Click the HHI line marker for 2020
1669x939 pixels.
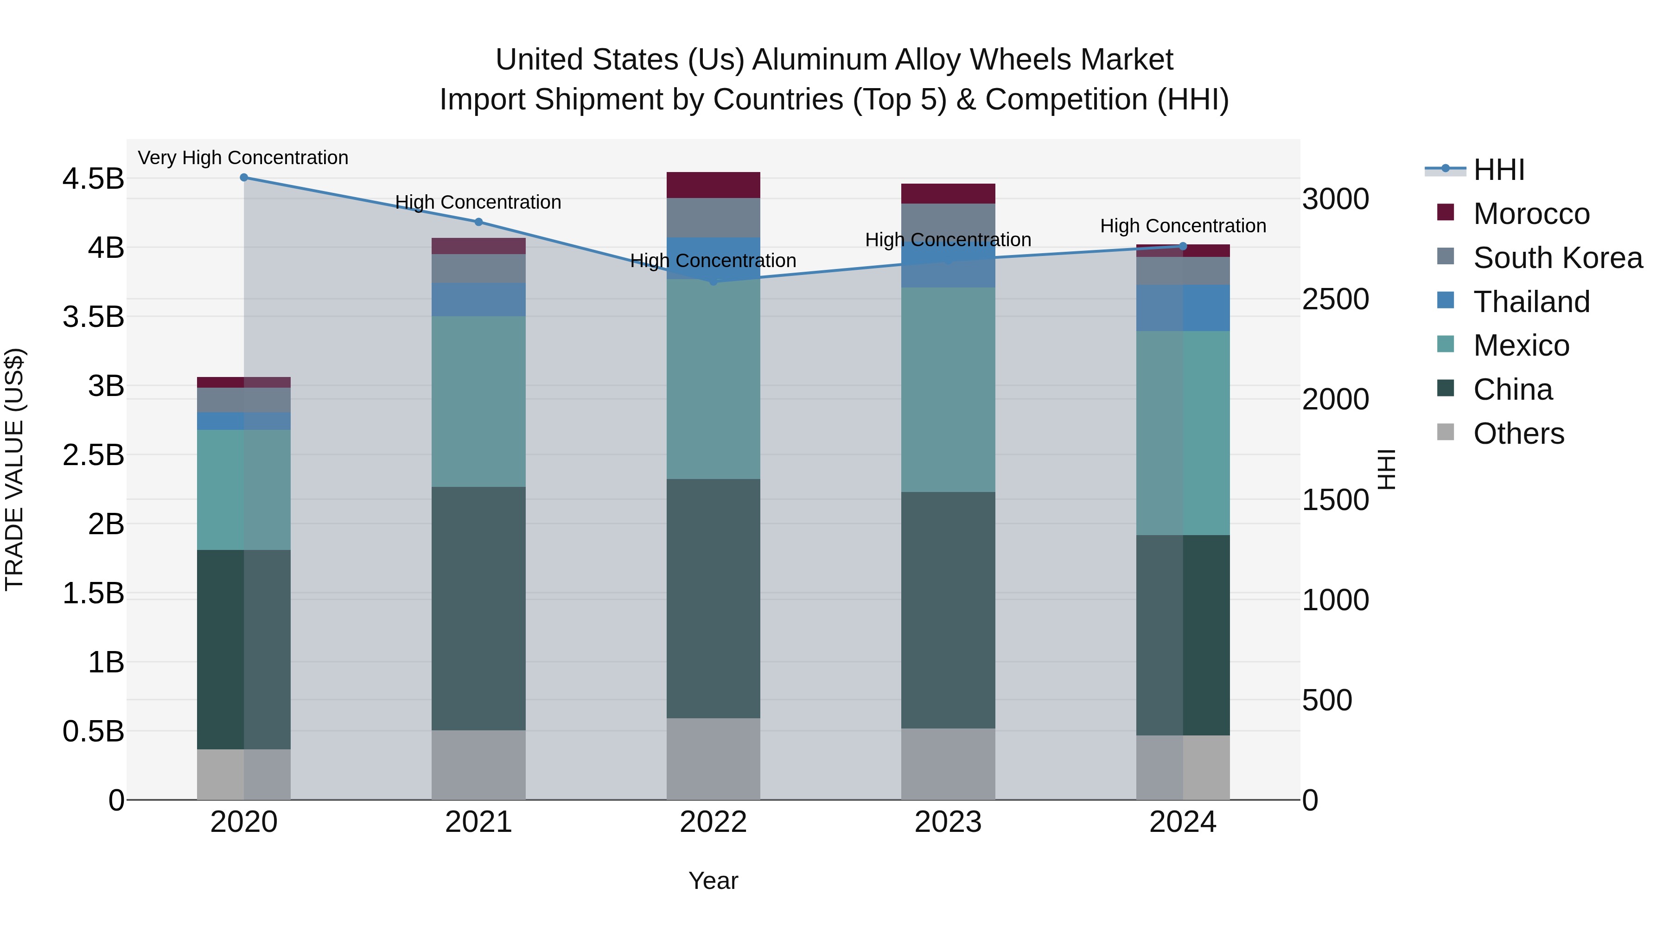243,178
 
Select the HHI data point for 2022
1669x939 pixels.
713,281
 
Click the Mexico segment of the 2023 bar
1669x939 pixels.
948,390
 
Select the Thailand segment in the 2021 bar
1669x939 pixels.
478,300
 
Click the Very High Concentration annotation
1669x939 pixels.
243,158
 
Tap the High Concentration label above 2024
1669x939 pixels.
1183,226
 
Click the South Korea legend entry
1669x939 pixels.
1558,258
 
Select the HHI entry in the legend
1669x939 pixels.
1498,170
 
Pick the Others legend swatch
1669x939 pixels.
1446,432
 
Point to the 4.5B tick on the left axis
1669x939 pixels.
93,179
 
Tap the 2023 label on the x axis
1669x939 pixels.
948,822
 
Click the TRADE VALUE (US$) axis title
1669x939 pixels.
14,469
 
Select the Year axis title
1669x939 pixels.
713,881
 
